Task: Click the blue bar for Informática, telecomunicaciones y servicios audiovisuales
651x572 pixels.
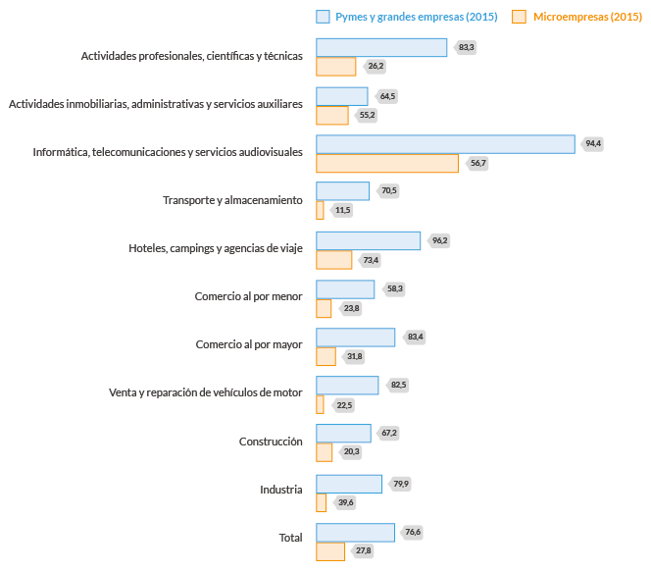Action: (x=445, y=144)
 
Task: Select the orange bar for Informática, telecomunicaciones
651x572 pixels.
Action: (x=387, y=163)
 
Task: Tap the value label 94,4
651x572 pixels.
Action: (x=592, y=144)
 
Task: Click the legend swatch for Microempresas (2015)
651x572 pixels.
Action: (x=520, y=17)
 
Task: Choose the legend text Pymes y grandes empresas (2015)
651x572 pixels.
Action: (x=415, y=17)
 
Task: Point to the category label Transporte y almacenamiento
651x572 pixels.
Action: (x=232, y=200)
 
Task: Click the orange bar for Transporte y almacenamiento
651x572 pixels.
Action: (x=320, y=210)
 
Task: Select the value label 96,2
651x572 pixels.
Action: (x=438, y=240)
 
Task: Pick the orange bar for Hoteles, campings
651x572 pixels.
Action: (x=333, y=259)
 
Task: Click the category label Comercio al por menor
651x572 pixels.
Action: (x=248, y=296)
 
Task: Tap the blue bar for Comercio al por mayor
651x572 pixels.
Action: (x=355, y=337)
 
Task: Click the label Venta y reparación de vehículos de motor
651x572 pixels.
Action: (x=205, y=392)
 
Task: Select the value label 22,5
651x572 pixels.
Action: (x=343, y=404)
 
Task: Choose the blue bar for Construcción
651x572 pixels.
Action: (x=343, y=433)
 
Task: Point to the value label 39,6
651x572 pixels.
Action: (x=344, y=502)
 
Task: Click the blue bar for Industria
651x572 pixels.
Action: (x=348, y=483)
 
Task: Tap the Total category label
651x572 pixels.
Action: (x=290, y=537)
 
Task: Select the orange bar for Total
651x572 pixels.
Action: (x=330, y=551)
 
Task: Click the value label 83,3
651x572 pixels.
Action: (x=465, y=47)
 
